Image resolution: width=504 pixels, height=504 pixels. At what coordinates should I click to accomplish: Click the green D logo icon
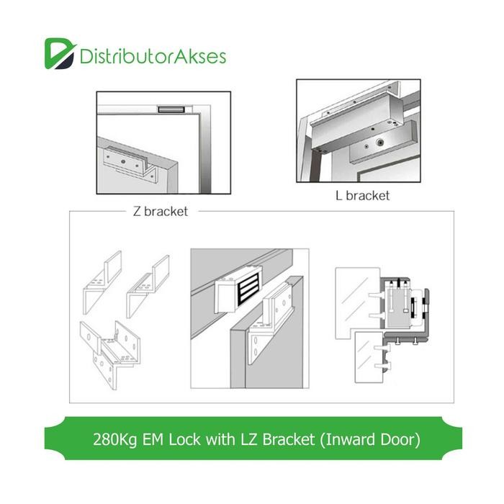(58, 53)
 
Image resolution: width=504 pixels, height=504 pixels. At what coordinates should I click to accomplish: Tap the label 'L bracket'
(362, 195)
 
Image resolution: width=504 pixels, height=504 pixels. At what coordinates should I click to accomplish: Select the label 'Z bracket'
(161, 212)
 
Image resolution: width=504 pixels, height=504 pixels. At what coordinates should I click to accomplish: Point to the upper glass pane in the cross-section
(356, 295)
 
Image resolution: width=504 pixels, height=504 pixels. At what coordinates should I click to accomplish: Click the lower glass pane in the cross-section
(371, 356)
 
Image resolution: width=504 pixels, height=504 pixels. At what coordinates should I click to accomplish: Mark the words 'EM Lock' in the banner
(176, 438)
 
